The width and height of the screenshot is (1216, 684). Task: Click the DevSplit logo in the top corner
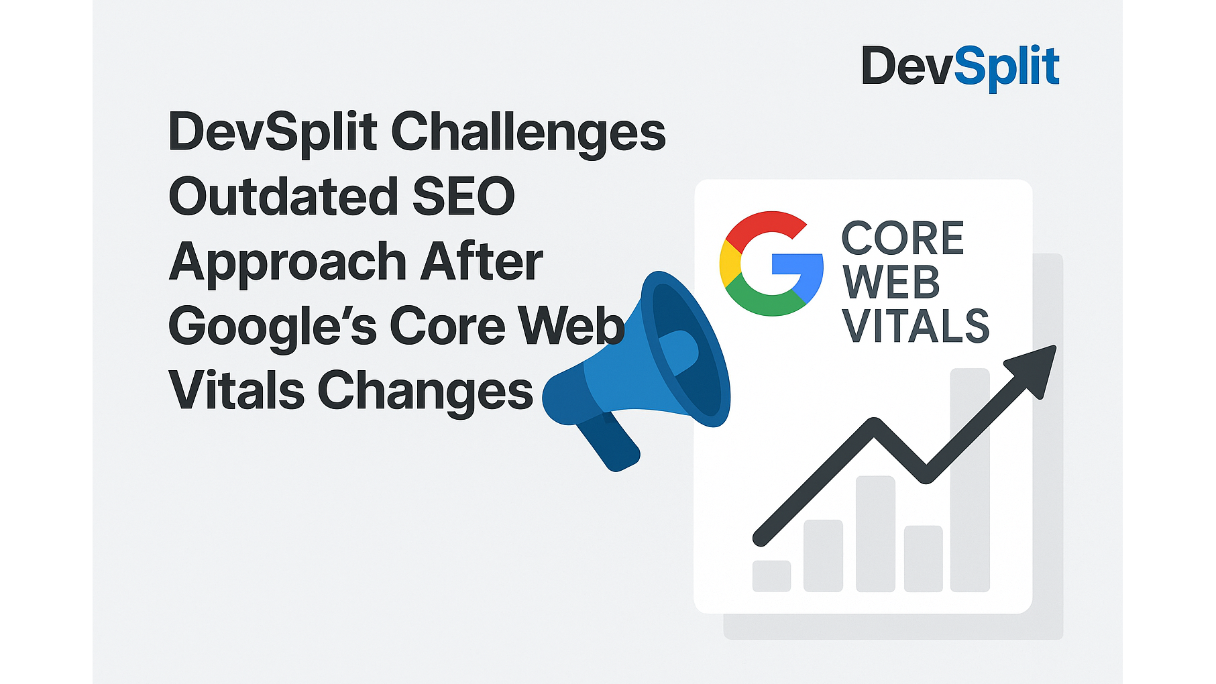coord(960,67)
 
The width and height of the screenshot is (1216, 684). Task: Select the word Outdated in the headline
coord(284,196)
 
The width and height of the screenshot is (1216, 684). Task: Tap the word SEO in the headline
coord(463,196)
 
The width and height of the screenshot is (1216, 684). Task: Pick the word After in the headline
coord(482,261)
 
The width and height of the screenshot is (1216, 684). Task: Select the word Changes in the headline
coord(425,392)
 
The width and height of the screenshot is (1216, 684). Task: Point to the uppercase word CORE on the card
coord(903,238)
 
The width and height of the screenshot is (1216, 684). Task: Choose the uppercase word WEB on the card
coord(891,282)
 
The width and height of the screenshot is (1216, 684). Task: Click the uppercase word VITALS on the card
coord(916,326)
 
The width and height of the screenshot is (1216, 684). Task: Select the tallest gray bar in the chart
coord(970,480)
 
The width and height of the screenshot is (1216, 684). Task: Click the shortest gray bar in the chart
coord(771,576)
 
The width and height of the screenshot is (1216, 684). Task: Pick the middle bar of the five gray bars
coord(875,534)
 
